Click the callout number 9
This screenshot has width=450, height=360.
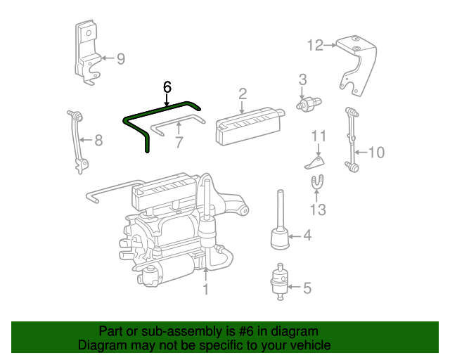pyautogui.click(x=120, y=59)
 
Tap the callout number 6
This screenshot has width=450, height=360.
pyautogui.click(x=167, y=87)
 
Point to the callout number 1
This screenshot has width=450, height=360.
pyautogui.click(x=205, y=289)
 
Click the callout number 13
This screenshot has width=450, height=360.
pyautogui.click(x=319, y=210)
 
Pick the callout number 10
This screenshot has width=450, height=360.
pyautogui.click(x=376, y=152)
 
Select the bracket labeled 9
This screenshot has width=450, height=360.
pyautogui.click(x=86, y=53)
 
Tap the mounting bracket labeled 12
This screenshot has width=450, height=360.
pyautogui.click(x=359, y=63)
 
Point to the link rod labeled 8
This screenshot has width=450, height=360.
pyautogui.click(x=77, y=141)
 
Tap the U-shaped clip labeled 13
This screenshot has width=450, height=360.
pyautogui.click(x=318, y=184)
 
